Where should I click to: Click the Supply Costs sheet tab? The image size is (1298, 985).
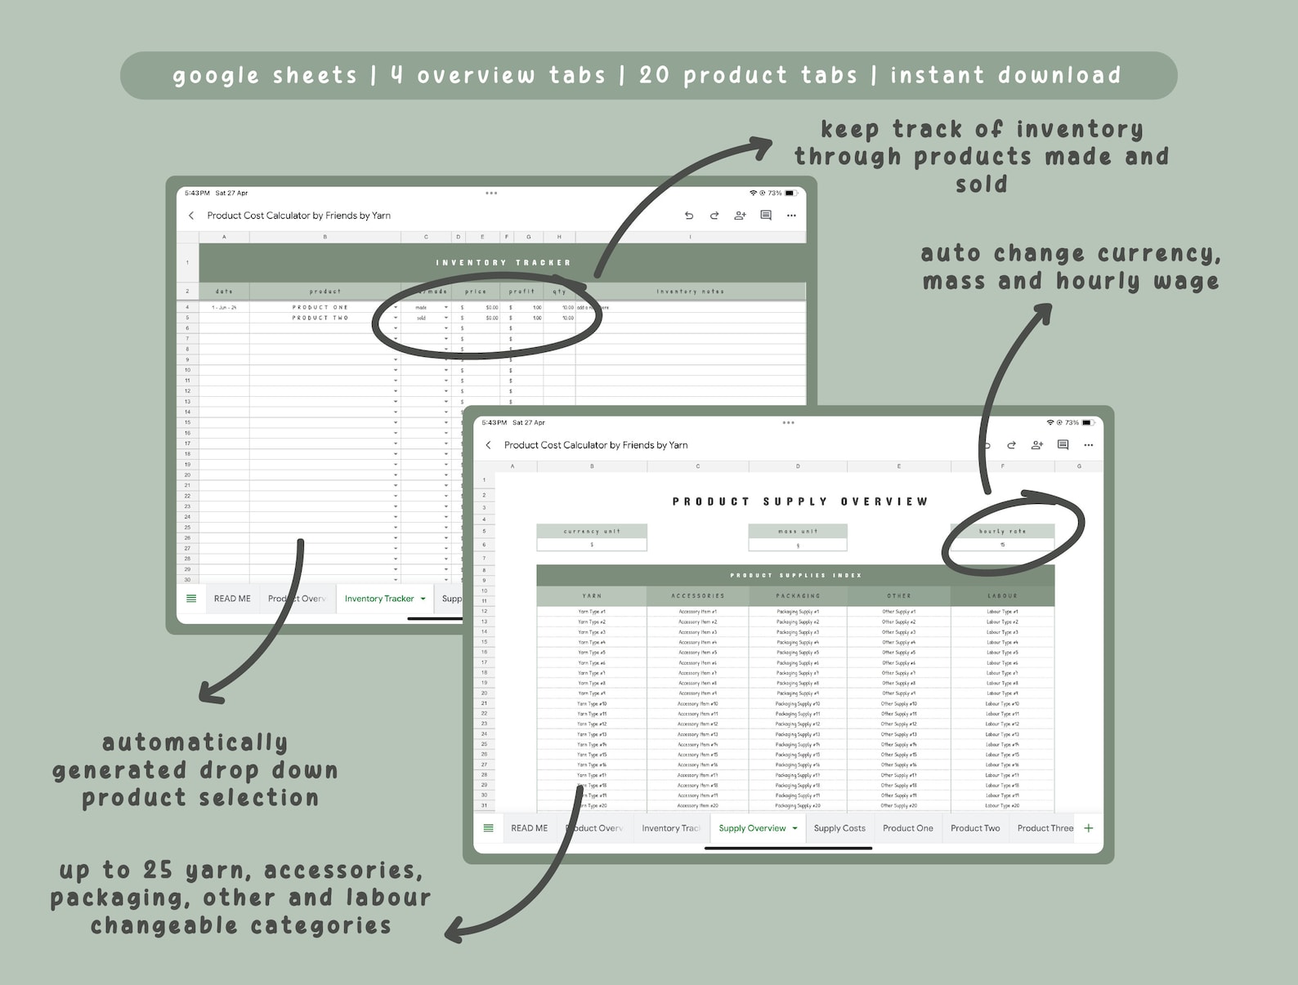pos(839,828)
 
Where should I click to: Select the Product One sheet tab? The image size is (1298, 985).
pos(907,828)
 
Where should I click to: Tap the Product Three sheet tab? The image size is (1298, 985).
pos(1045,828)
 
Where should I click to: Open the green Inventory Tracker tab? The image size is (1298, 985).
pos(379,599)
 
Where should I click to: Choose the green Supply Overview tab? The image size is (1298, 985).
pos(752,828)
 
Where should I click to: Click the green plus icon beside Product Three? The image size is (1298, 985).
pos(1089,828)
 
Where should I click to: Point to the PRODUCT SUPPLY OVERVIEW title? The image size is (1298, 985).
pos(800,501)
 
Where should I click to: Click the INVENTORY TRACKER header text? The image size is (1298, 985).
pos(503,263)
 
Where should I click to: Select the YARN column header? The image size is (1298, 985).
pos(592,596)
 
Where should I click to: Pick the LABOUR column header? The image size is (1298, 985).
pos(1002,596)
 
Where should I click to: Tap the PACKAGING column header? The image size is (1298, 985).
pos(798,596)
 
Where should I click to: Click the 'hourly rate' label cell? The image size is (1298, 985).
pos(1002,532)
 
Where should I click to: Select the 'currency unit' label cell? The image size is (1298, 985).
pos(592,532)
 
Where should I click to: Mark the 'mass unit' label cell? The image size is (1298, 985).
pos(798,532)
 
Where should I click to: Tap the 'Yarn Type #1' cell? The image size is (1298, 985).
pos(592,612)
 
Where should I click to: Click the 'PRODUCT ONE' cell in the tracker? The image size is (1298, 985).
pos(320,308)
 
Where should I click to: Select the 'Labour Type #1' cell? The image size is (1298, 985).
pos(1002,612)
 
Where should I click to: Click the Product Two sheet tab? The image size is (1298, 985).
pos(975,828)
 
